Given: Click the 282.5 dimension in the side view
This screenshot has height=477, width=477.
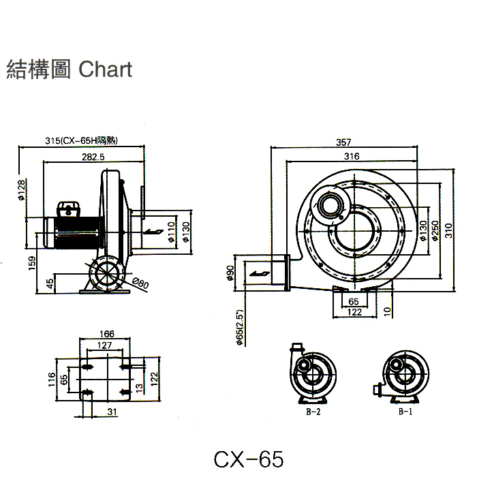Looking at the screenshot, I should click(x=92, y=157).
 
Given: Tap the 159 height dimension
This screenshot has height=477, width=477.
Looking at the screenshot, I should click(x=32, y=262).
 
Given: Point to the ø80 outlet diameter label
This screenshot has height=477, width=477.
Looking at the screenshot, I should click(x=141, y=282).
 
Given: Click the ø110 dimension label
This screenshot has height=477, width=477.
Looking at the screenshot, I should click(x=172, y=234).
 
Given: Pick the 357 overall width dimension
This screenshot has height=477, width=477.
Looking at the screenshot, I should click(x=344, y=142).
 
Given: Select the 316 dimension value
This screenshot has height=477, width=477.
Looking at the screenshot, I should click(x=352, y=157).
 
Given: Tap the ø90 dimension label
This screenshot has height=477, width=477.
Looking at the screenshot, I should click(x=230, y=273).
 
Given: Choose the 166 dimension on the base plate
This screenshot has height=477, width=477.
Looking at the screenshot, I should click(x=106, y=334).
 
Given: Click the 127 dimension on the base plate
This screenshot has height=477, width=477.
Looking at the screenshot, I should click(x=104, y=345).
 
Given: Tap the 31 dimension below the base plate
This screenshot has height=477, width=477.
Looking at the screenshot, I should click(x=112, y=411).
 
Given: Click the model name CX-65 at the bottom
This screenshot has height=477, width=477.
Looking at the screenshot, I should click(x=247, y=457).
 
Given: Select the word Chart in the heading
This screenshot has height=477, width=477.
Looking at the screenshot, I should click(x=105, y=69).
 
